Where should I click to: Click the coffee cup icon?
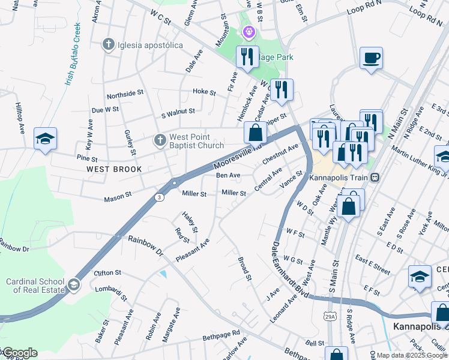tap(371, 58)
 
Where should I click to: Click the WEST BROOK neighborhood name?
tap(114, 169)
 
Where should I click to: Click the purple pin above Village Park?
tap(248, 31)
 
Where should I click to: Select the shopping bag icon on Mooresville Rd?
tap(255, 132)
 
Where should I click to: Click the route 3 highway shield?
tap(158, 197)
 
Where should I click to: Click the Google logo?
tap(19, 353)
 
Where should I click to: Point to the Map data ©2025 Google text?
tap(412, 355)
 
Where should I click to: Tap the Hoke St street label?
tap(204, 92)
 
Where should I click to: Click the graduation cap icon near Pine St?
tap(45, 139)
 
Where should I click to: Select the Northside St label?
tap(125, 94)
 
